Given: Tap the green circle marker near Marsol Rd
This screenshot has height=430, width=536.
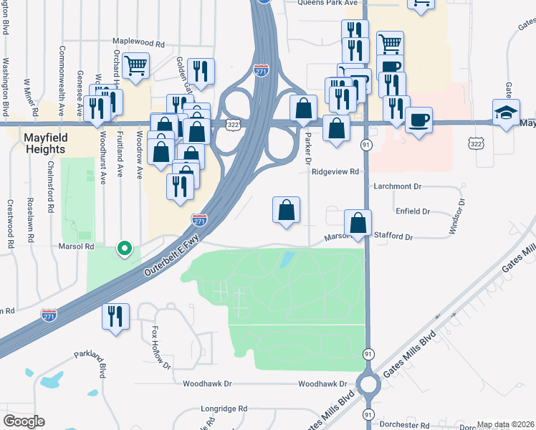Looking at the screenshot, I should [x=125, y=249].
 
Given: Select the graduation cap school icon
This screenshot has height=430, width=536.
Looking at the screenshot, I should [x=506, y=113].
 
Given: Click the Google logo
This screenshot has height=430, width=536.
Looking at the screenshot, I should [x=24, y=421].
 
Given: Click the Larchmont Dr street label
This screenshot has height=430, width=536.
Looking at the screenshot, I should [x=398, y=186].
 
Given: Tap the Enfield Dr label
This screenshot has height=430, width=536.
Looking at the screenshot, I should [x=412, y=211].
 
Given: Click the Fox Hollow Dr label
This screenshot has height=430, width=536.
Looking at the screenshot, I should [x=161, y=347].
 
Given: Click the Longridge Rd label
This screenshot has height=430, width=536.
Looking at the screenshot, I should [x=224, y=408].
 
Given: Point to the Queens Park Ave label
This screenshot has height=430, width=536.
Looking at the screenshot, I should [x=327, y=3].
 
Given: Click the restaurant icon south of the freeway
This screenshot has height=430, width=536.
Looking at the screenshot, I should [x=115, y=316].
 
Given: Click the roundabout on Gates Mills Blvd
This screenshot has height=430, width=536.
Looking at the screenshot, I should [x=368, y=385].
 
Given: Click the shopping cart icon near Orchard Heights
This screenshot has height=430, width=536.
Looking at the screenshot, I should [x=135, y=65].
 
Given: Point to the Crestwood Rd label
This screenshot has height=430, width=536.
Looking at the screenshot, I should [x=10, y=224].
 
